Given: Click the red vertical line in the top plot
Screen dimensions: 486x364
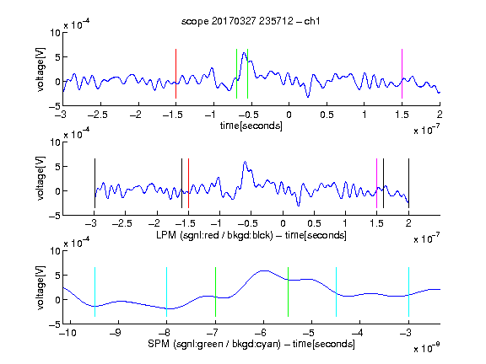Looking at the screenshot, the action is [x=175, y=73].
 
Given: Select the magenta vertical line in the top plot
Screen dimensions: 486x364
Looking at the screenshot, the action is [x=402, y=73].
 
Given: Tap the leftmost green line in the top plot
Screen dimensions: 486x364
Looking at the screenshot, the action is [x=236, y=73].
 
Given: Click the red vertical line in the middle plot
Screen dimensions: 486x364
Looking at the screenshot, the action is [x=188, y=183].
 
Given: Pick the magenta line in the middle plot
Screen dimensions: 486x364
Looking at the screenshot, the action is [x=376, y=183].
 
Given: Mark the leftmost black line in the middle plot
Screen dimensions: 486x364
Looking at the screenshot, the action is [x=94, y=183].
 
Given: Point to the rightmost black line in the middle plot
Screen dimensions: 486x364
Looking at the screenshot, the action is [x=408, y=183].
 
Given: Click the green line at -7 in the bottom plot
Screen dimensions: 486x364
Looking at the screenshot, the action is [x=215, y=292].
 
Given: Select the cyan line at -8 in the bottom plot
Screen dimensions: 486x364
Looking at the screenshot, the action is [x=167, y=292].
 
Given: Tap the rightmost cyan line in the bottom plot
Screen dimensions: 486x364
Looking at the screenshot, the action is [x=408, y=292].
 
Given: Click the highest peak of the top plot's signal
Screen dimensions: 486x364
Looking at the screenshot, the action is [x=244, y=53].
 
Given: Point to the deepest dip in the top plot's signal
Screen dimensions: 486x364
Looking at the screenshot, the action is [x=308, y=97].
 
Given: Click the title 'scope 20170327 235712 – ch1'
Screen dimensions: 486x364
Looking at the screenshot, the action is [x=251, y=21].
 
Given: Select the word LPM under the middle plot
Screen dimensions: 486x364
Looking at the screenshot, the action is [x=166, y=235].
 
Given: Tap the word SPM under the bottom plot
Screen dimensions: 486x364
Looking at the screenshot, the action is [x=159, y=344].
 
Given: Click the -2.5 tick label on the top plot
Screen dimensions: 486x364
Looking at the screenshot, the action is [x=98, y=115].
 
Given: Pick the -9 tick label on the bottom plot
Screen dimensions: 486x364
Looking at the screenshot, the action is [x=116, y=333].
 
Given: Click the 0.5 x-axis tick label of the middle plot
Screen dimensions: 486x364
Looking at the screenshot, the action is [x=314, y=223].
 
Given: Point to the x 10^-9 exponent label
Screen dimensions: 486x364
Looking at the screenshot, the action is [x=427, y=348].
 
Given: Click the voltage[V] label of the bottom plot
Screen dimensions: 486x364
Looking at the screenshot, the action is [x=40, y=287].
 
